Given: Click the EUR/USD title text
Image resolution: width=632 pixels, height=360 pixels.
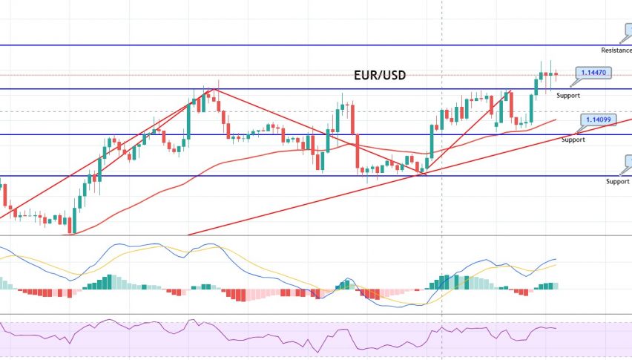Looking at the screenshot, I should pos(378,75).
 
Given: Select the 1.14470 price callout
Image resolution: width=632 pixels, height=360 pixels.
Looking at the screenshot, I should pos(594,73).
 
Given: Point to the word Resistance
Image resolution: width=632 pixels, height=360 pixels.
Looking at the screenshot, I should pos(616,50).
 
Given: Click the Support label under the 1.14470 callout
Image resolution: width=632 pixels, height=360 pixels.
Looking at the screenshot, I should pos(568,95).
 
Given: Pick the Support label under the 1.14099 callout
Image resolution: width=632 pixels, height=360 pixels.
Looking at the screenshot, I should pos(573,140).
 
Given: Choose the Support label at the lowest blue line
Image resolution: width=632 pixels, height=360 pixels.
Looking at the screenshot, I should pos(617,181).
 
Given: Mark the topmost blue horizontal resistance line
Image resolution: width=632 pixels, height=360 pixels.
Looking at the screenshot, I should pos(297,45).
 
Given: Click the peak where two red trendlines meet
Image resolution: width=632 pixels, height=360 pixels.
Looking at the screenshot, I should pos(214,89).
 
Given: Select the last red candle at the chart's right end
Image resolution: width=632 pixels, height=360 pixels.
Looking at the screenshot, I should pos(556,73).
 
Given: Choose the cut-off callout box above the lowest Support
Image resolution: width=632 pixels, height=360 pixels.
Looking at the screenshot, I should pos(628,163).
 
